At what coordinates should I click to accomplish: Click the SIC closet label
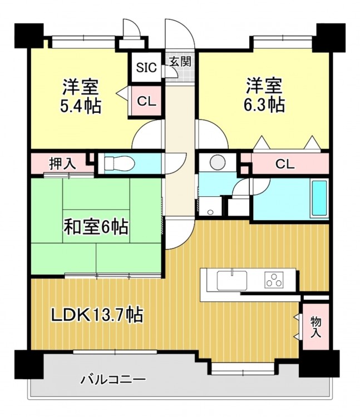(146, 67)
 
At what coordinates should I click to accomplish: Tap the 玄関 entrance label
(180, 62)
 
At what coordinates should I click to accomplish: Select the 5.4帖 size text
(80, 106)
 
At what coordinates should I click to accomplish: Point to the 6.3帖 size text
(264, 105)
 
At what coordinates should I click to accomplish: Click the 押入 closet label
(63, 163)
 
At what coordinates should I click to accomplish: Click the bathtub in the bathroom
(319, 198)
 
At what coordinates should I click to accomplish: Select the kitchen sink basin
(232, 280)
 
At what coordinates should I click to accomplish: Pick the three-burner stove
(274, 280)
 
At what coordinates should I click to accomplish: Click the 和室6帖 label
(96, 227)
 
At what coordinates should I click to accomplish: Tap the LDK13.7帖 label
(97, 315)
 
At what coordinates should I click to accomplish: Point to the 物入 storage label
(316, 327)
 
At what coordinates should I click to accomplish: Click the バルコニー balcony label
(114, 380)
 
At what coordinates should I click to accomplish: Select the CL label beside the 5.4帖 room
(146, 101)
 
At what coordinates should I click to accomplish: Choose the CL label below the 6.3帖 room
(285, 165)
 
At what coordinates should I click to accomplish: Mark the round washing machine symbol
(218, 162)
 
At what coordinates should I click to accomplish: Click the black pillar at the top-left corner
(29, 36)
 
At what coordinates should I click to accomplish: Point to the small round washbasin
(210, 212)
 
